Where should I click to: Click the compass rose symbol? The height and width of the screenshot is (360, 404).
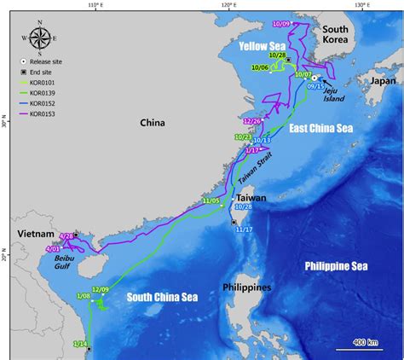click(x=40, y=38)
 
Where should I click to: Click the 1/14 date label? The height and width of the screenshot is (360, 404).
click(x=79, y=343)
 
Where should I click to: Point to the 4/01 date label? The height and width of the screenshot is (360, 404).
click(x=50, y=249)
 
